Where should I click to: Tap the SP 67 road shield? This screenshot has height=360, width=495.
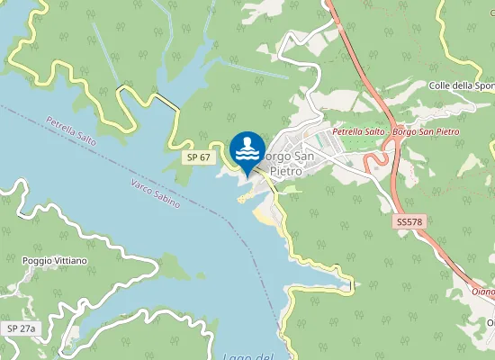[199, 157]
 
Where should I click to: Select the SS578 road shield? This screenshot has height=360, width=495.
[408, 220]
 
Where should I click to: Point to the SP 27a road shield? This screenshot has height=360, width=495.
[21, 328]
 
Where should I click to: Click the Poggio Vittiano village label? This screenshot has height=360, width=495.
[54, 261]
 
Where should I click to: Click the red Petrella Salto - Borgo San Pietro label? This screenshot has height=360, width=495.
[395, 131]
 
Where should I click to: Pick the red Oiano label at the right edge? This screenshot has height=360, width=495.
[483, 291]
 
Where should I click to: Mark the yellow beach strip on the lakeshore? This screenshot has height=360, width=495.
[264, 216]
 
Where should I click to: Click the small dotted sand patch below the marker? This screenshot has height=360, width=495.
[245, 198]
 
